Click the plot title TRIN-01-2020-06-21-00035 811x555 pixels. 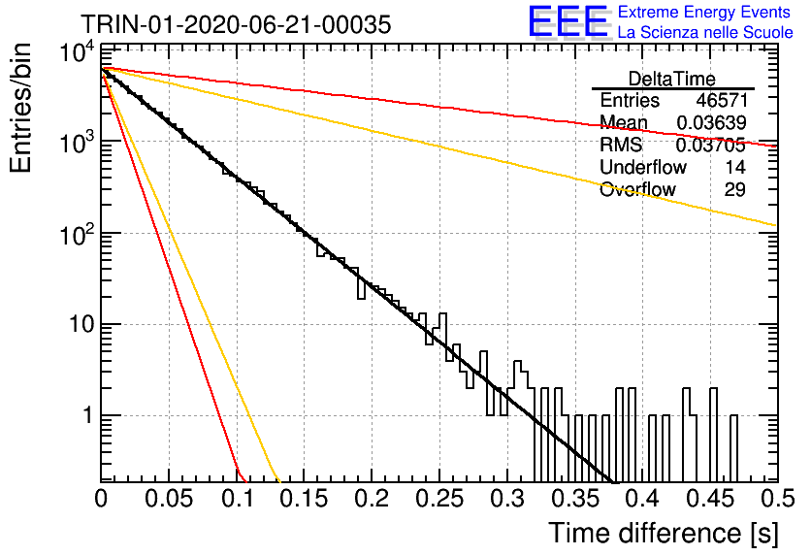[x=236, y=24]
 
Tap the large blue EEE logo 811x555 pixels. [x=568, y=21]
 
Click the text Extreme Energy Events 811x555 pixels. [x=704, y=12]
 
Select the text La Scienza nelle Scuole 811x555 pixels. [x=705, y=32]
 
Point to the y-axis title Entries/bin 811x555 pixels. [x=20, y=108]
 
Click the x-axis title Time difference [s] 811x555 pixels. [x=664, y=533]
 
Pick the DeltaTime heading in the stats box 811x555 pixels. [x=672, y=79]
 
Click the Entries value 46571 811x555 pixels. [x=722, y=100]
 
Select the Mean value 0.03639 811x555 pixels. [x=711, y=122]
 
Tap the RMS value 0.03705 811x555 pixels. [x=711, y=145]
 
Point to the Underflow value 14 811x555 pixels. [x=735, y=167]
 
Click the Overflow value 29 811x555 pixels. [x=734, y=189]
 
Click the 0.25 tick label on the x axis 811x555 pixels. [x=439, y=499]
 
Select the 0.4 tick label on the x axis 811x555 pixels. [x=643, y=499]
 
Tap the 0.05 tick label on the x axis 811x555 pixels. [x=169, y=499]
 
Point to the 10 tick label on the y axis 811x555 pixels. [x=81, y=324]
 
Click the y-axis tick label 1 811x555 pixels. [x=89, y=415]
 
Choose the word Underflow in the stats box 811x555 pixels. [x=643, y=167]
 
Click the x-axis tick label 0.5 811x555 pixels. [x=778, y=499]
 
